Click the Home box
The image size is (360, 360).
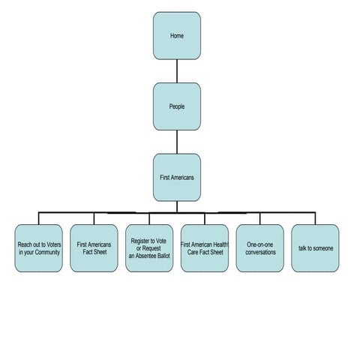(177, 36)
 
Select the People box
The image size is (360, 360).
(177, 106)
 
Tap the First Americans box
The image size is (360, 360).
(177, 178)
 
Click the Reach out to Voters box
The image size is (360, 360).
(39, 248)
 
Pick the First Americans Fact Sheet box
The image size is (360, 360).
(94, 248)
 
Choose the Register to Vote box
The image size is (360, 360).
(149, 248)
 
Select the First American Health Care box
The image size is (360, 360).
(205, 248)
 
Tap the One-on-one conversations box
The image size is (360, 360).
(260, 248)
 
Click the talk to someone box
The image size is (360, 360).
(315, 248)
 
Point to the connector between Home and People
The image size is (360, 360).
(177, 71)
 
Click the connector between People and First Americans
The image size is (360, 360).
(177, 142)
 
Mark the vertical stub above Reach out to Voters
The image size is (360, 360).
(39, 218)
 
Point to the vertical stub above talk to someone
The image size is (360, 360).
(315, 218)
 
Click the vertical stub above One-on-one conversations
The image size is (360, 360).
(260, 218)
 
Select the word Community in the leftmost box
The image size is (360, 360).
(47, 253)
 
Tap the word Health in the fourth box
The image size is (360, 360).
(220, 244)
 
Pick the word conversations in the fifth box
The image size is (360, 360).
(260, 252)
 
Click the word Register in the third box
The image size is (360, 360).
(139, 241)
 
